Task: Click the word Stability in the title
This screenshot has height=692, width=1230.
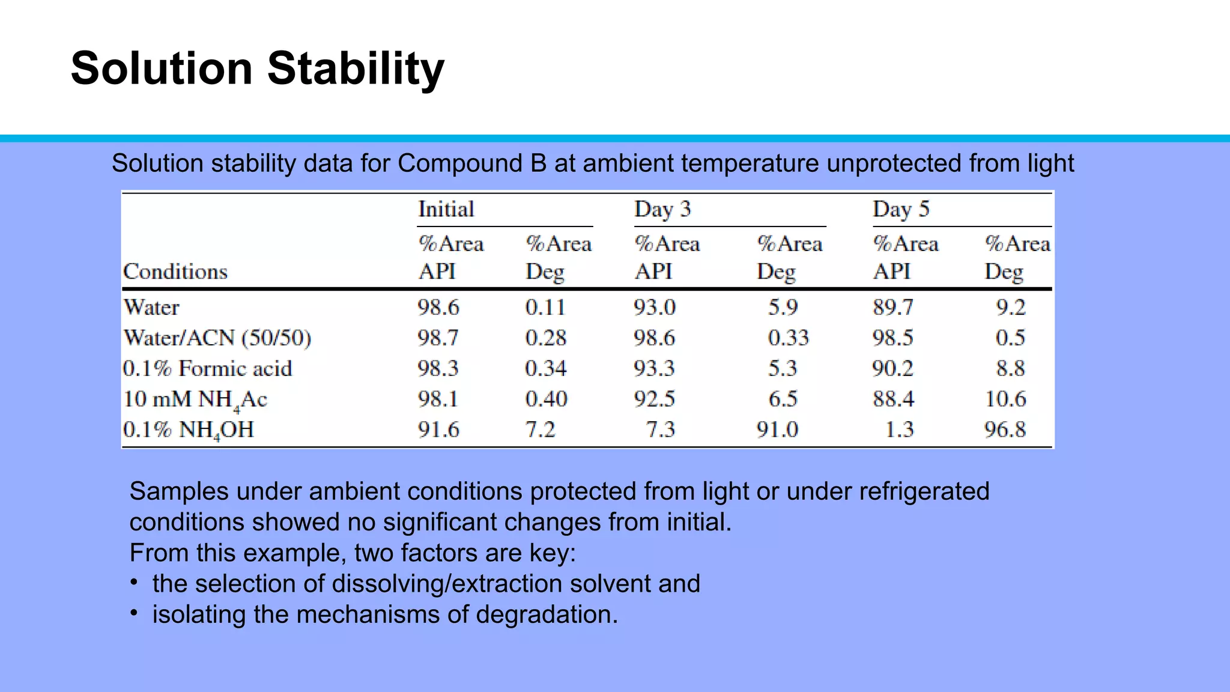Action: pyautogui.click(x=356, y=68)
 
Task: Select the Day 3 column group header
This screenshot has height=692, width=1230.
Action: pyautogui.click(x=662, y=209)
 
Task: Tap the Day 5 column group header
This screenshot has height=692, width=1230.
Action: pyautogui.click(x=900, y=209)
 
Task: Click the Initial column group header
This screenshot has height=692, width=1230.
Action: pyautogui.click(x=446, y=209)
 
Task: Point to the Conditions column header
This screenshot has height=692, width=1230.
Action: pyautogui.click(x=175, y=272)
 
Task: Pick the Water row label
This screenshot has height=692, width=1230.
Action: pyautogui.click(x=151, y=308)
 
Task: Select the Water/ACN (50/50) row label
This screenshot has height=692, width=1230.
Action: pyautogui.click(x=217, y=338)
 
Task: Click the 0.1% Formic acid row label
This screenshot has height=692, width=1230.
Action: pyautogui.click(x=207, y=368)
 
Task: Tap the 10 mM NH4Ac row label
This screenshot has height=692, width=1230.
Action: pyautogui.click(x=195, y=399)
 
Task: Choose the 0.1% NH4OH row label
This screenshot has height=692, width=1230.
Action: pyautogui.click(x=189, y=430)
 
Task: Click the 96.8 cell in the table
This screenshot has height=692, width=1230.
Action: pyautogui.click(x=1005, y=429)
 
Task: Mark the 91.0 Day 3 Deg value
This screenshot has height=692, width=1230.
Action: pyautogui.click(x=777, y=429)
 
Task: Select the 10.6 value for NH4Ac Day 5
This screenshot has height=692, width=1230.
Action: pyautogui.click(x=1005, y=399)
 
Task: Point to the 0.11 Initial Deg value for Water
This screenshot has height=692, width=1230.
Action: pyautogui.click(x=545, y=308)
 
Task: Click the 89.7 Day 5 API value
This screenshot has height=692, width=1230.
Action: pyautogui.click(x=893, y=308)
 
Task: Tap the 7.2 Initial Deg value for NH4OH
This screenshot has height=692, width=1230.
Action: pyautogui.click(x=540, y=429)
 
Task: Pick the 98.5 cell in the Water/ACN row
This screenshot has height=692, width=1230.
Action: pyautogui.click(x=893, y=338)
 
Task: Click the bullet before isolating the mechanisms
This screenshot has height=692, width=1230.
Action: pyautogui.click(x=135, y=613)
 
